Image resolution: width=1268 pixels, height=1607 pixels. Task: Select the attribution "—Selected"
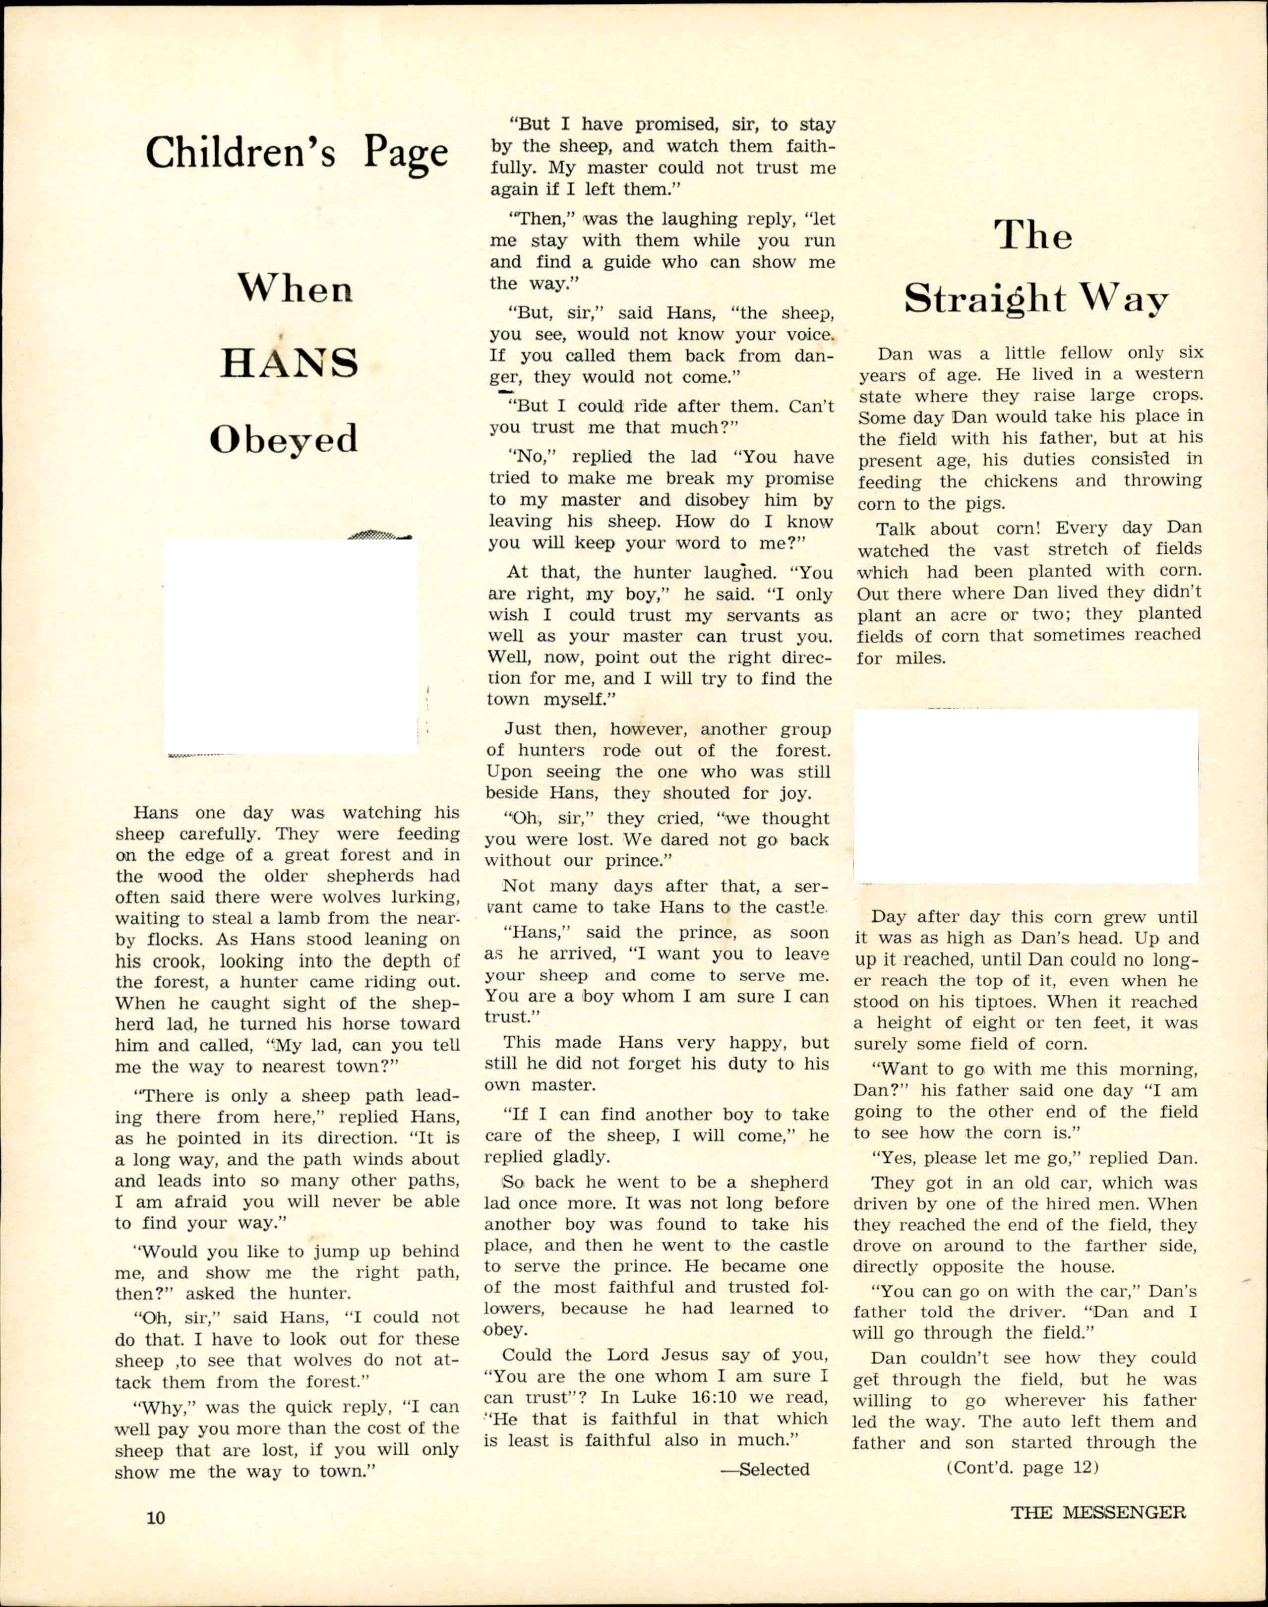(765, 1469)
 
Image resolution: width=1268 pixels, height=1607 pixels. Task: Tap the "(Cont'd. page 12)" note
(1022, 1468)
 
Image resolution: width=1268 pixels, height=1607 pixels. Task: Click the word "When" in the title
(295, 288)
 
